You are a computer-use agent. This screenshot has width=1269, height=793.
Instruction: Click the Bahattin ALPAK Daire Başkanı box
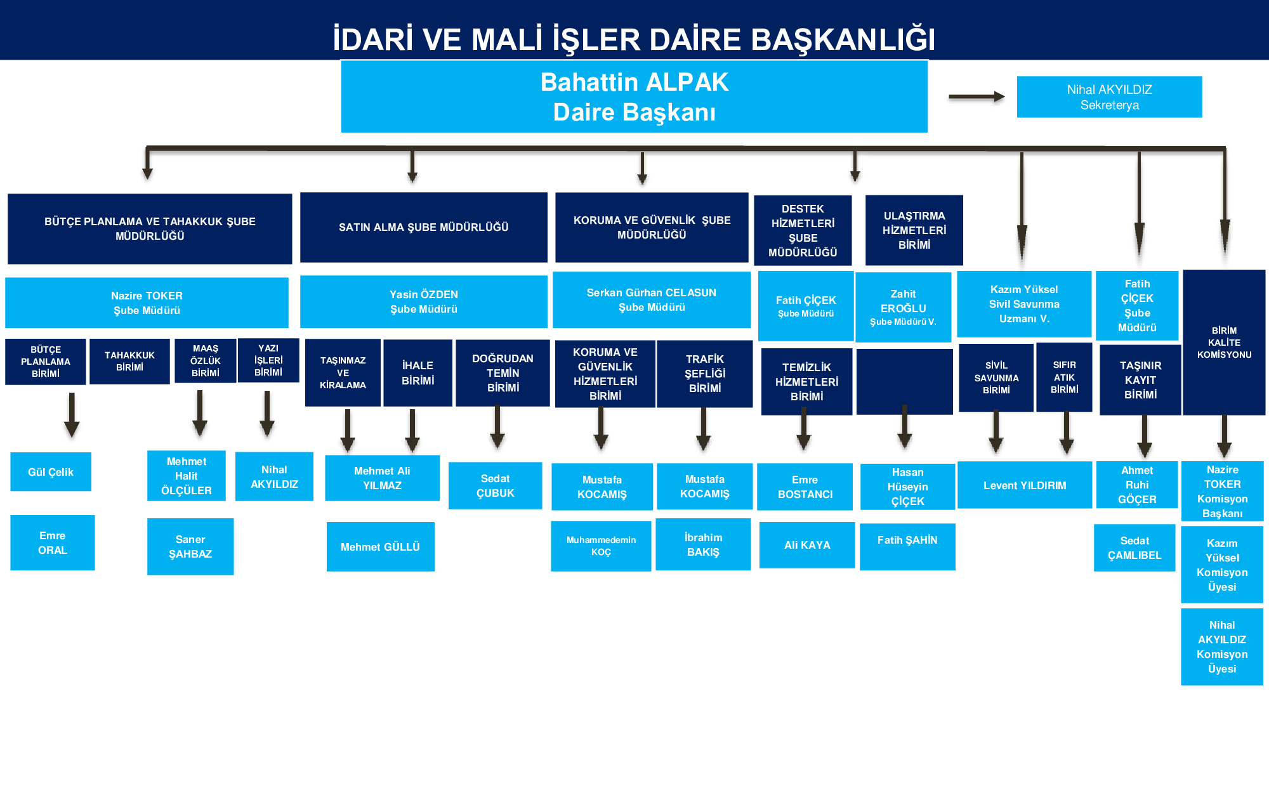[x=634, y=96]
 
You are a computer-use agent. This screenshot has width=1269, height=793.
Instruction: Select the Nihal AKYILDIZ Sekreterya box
[x=1109, y=97]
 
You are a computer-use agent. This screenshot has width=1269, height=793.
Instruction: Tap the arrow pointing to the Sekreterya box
[x=976, y=97]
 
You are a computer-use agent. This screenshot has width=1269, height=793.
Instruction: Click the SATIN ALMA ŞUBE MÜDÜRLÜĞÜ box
[x=423, y=227]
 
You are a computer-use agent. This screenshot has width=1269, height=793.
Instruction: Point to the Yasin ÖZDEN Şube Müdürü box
[x=423, y=301]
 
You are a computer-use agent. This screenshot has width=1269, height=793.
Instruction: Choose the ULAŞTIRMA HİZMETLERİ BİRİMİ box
[x=914, y=230]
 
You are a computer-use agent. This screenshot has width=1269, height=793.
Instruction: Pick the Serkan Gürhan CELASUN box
[x=651, y=299]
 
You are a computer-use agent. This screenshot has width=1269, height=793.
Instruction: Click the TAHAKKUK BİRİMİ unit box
[x=129, y=361]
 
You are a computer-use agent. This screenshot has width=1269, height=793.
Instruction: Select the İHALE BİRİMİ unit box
[x=418, y=372]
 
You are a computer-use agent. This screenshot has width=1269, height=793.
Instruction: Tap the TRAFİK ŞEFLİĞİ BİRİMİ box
[x=704, y=373]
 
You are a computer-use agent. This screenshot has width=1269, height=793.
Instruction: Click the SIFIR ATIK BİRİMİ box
[x=1064, y=377]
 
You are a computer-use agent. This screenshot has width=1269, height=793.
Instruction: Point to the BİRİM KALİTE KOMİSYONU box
[x=1224, y=343]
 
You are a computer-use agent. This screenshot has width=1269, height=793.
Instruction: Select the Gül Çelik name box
[x=51, y=471]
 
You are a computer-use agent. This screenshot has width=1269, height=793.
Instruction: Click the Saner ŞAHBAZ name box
[x=190, y=546]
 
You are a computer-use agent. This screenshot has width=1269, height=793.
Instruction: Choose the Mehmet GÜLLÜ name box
[x=380, y=546]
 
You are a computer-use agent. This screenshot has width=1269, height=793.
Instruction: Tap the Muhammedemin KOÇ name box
[x=601, y=546]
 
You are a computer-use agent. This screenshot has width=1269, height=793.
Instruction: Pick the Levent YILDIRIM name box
[x=1024, y=485]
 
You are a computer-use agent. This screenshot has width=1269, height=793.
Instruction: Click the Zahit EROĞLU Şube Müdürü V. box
[x=903, y=307]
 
